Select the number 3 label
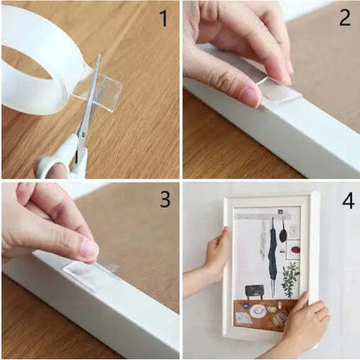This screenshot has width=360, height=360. pyautogui.click(x=164, y=200)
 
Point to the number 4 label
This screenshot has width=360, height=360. pyautogui.click(x=347, y=200)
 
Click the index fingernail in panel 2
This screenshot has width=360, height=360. pyautogui.click(x=250, y=96)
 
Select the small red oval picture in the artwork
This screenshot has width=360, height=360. pyautogui.click(x=294, y=250)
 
